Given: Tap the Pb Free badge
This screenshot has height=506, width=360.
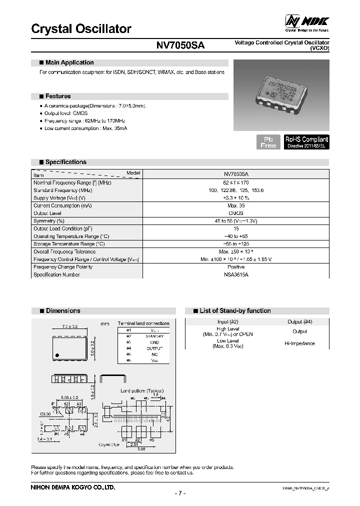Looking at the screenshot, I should point(268,142).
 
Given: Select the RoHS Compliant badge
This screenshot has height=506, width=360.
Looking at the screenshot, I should point(306,142).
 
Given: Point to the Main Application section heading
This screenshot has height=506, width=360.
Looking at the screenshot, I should point(69,63).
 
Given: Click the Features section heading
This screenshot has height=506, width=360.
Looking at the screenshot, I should point(57,96).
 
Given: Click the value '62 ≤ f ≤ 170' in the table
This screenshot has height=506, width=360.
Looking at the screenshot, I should point(235,183).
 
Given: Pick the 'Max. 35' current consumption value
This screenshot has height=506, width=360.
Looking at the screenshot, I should point(235,205).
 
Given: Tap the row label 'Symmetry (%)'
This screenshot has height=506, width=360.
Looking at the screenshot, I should point(49,221).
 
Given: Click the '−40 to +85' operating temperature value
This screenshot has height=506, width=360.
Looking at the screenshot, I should point(235,236).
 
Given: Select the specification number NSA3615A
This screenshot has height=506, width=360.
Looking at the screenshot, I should point(235,274).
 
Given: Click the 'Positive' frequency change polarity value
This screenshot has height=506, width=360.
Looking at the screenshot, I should point(235,267).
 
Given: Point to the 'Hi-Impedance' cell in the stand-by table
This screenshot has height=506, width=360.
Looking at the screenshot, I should point(299,343).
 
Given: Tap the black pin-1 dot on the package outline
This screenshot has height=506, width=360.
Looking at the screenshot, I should point(57,354).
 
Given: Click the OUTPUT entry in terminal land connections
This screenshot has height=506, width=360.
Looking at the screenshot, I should point(154,348).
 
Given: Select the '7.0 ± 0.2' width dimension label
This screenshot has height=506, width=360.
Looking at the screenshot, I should point(69,326).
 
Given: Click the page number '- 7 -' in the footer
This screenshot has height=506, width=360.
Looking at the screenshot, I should point(180,493).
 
